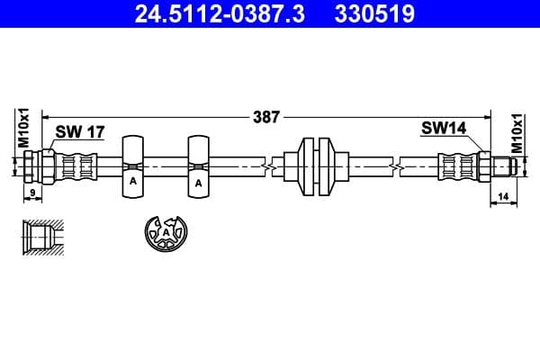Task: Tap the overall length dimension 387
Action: click(x=267, y=115)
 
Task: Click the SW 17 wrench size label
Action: click(x=80, y=131)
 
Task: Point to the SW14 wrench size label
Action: click(x=443, y=129)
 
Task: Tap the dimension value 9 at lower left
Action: click(x=31, y=193)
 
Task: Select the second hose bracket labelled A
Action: click(x=199, y=166)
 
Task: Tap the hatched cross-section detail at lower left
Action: click(x=42, y=236)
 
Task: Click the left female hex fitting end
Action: click(x=37, y=166)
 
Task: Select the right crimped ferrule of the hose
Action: click(x=458, y=166)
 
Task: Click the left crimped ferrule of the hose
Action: click(x=76, y=166)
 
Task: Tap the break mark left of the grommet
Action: click(x=266, y=166)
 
